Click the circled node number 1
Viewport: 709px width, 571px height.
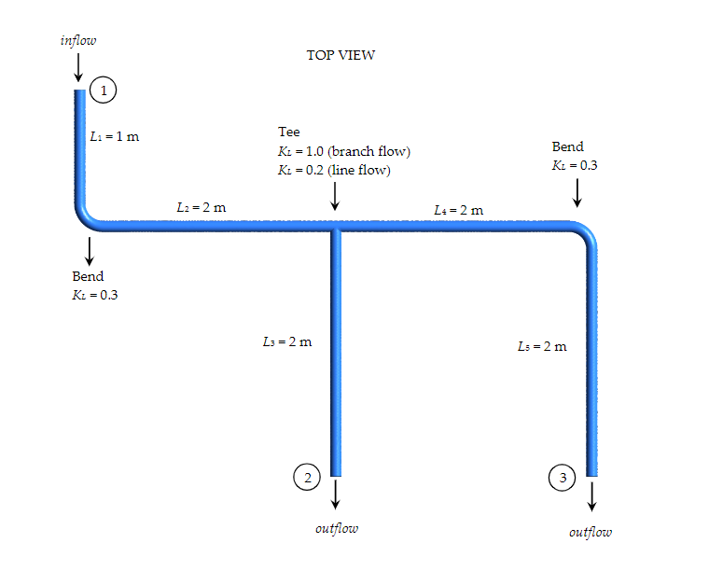tap(104, 90)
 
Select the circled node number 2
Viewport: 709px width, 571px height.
tap(306, 477)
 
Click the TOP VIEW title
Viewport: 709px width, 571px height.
tap(341, 55)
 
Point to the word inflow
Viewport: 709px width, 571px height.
tap(78, 40)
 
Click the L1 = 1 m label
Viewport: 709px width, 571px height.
tap(115, 136)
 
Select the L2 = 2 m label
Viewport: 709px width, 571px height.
tap(201, 206)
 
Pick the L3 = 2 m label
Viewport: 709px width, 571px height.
tap(287, 341)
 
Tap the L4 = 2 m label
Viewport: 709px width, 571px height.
tap(459, 210)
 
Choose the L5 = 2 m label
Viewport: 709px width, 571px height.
tap(542, 346)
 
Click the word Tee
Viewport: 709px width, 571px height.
tap(289, 132)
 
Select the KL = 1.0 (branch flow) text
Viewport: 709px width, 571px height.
tap(344, 151)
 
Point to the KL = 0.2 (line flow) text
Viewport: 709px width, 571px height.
tap(334, 170)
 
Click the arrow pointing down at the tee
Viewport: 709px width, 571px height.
tap(335, 197)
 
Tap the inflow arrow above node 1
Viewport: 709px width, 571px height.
tap(78, 66)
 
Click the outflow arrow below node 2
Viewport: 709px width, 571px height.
tap(336, 493)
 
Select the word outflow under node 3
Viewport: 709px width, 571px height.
tap(591, 532)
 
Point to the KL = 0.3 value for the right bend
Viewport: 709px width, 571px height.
tap(575, 165)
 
